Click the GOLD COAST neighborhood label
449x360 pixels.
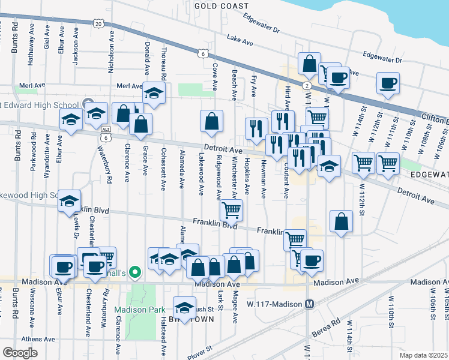[221, 5]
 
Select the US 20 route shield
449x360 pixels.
[98, 22]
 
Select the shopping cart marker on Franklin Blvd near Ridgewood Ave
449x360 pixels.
[231, 209]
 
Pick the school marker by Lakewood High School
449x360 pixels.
[70, 200]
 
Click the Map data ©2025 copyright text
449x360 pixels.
[423, 355]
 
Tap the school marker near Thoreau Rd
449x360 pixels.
[154, 94]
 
